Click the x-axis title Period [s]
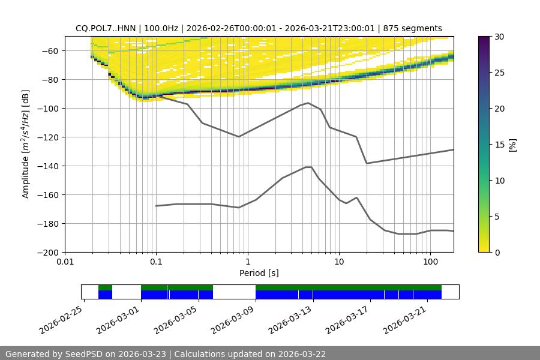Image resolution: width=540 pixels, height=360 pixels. pos(259,273)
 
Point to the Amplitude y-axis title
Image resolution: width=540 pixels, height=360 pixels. pos(26,144)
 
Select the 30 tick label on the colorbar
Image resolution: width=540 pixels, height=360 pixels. pos(499,37)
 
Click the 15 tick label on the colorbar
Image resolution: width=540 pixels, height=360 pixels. pos(499,145)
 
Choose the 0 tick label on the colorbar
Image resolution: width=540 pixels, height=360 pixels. pos(496,252)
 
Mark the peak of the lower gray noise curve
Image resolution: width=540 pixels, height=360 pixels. pos(308,167)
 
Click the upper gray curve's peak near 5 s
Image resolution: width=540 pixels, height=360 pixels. pos(308,103)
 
